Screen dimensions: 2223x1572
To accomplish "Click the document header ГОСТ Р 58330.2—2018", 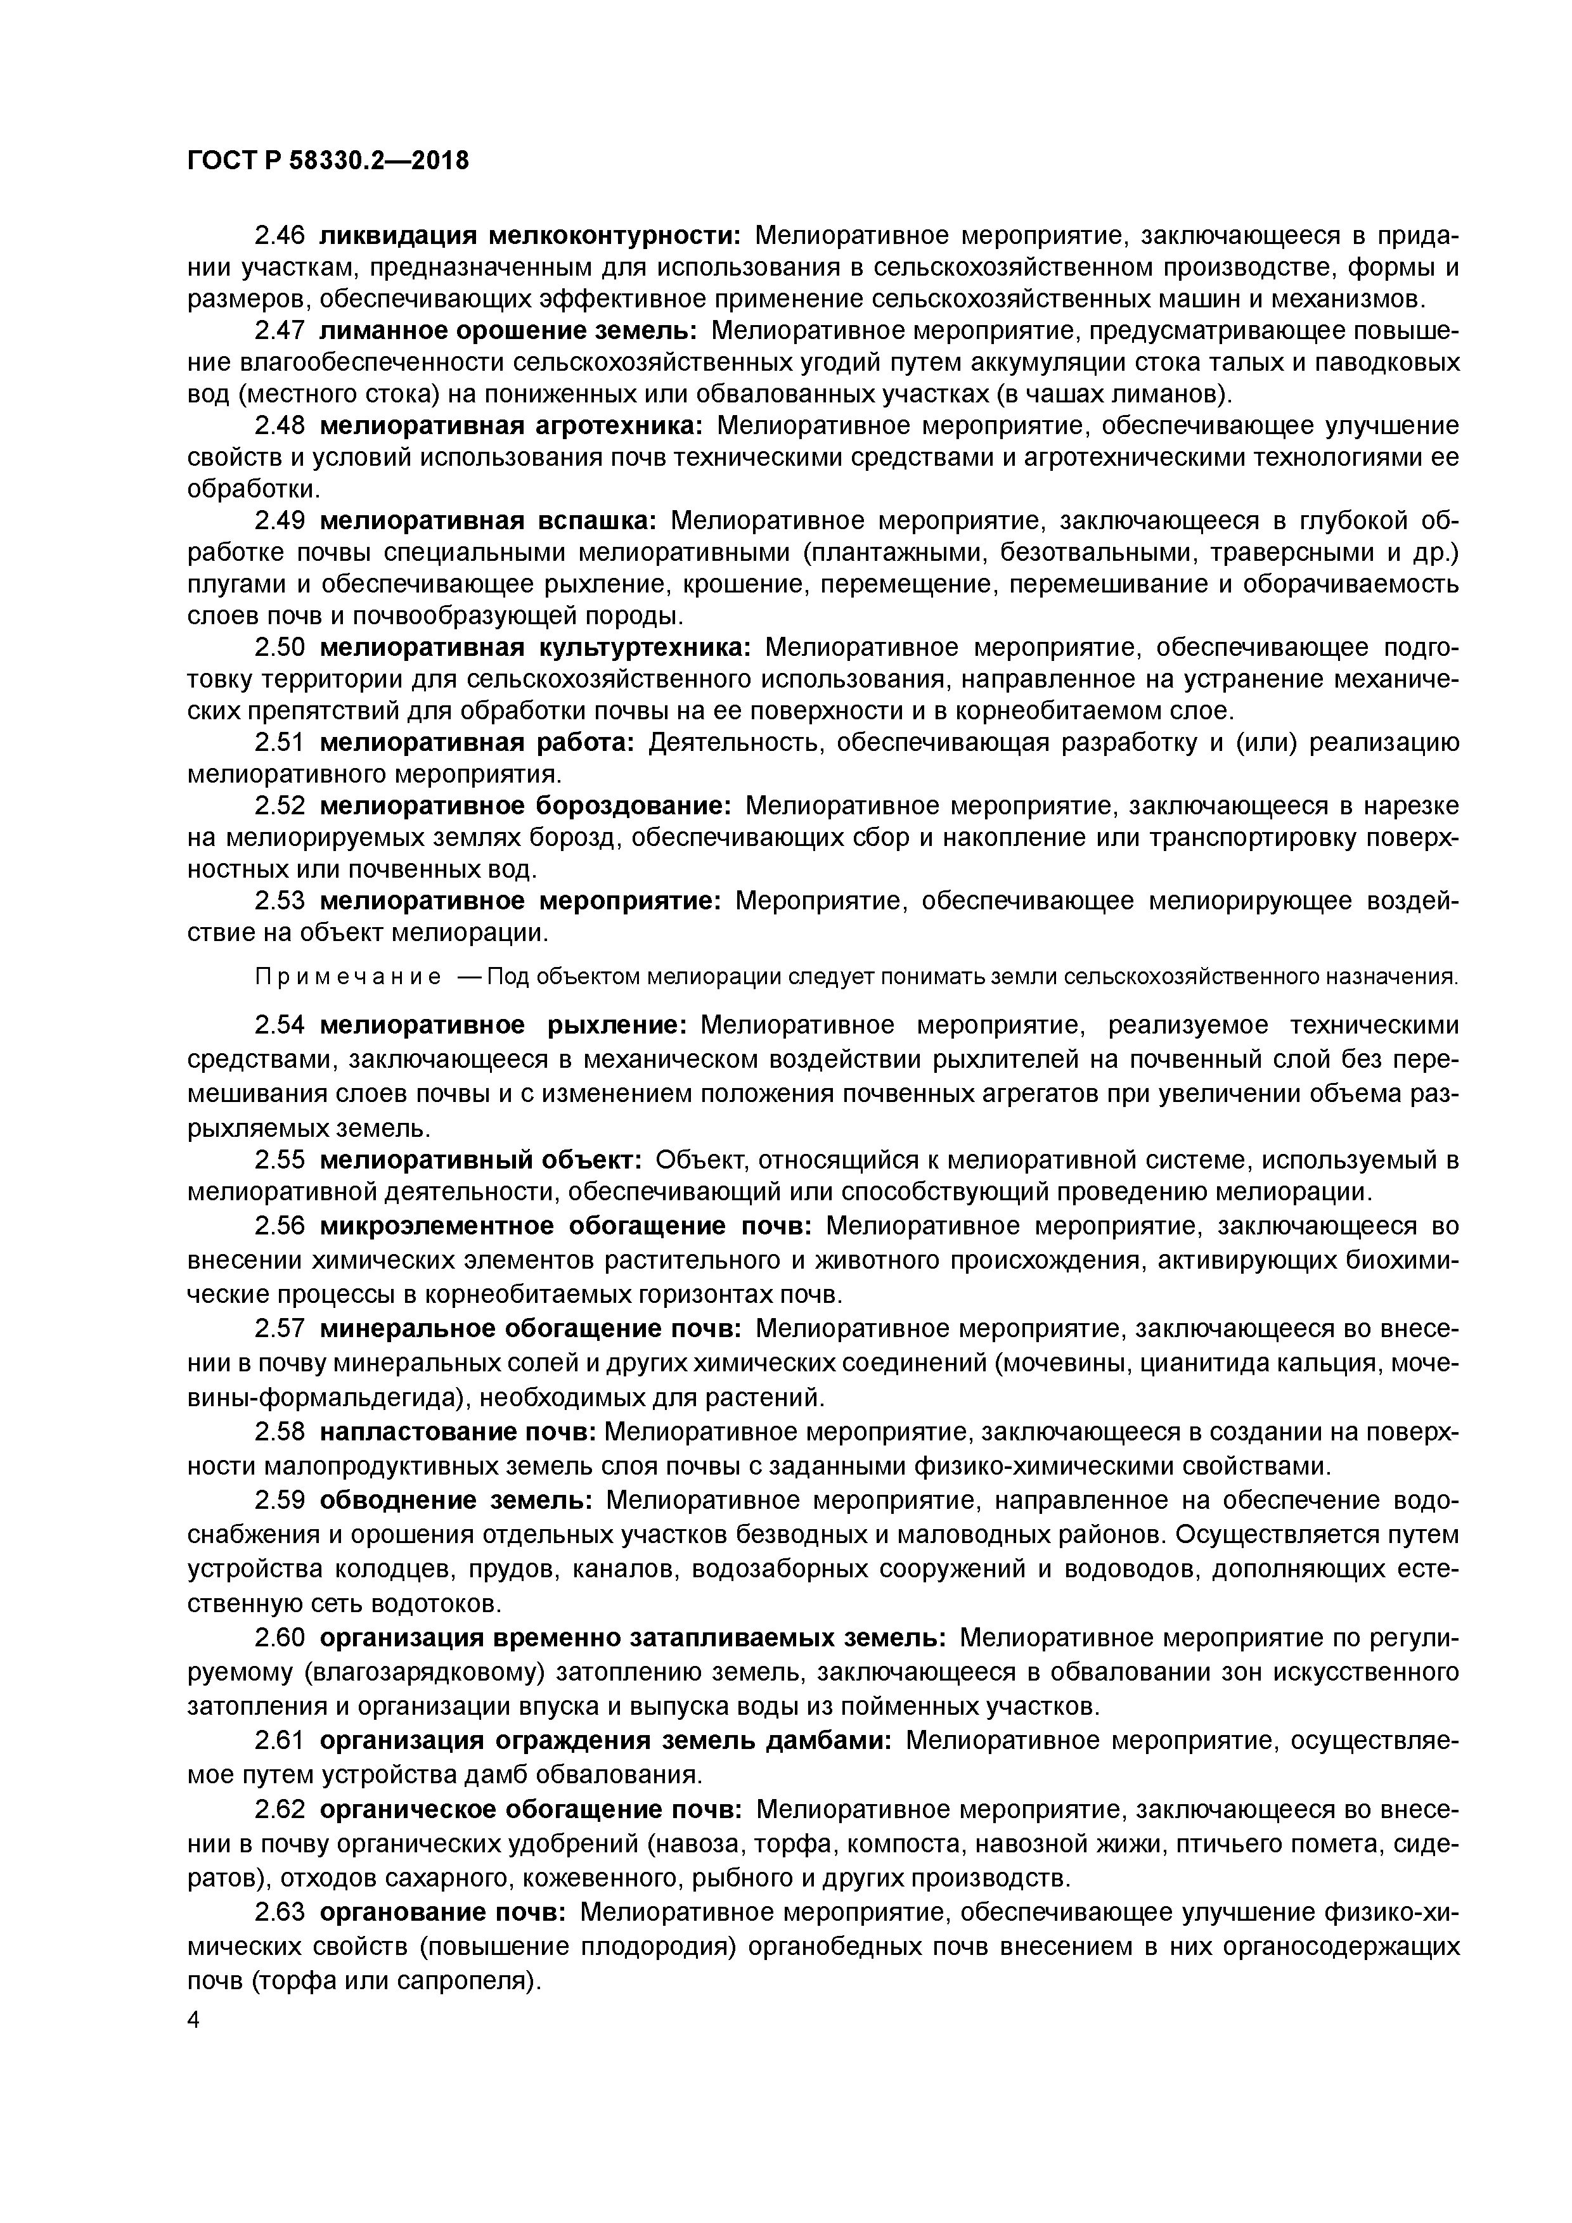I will [x=327, y=161].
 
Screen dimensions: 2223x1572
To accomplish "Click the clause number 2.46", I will [x=280, y=235].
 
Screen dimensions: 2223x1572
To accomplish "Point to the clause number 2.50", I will [x=280, y=647].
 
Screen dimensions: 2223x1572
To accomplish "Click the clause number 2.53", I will [x=280, y=901].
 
